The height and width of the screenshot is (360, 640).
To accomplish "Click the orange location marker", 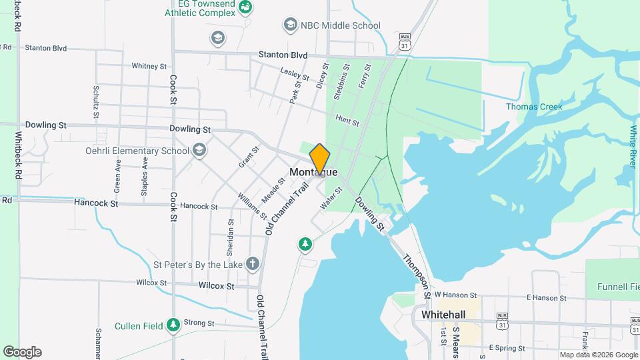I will pyautogui.click(x=320, y=159).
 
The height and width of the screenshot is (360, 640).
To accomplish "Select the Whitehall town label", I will pyautogui.click(x=443, y=314).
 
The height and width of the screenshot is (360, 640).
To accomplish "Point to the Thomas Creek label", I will pyautogui.click(x=534, y=107).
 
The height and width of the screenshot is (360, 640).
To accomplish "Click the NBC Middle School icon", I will pyautogui.click(x=290, y=25).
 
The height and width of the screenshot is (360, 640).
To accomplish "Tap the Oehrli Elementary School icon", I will pyautogui.click(x=199, y=151).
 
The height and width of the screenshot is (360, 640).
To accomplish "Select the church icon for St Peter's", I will pyautogui.click(x=252, y=264).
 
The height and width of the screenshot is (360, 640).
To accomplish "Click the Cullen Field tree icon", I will pyautogui.click(x=173, y=325).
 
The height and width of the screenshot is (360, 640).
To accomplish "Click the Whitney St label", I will pyautogui.click(x=149, y=66).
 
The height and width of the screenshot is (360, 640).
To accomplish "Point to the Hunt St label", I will pyautogui.click(x=347, y=121).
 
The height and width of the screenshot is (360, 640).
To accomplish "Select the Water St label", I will pyautogui.click(x=331, y=199).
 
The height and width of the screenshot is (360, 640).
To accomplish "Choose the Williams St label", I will pyautogui.click(x=253, y=207).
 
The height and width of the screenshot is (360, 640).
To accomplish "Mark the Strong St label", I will pyautogui.click(x=199, y=323).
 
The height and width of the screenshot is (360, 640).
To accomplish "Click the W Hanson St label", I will pyautogui.click(x=456, y=295).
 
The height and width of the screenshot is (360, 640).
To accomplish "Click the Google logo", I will pyautogui.click(x=22, y=352).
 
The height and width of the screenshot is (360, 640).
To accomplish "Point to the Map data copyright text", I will pyautogui.click(x=597, y=355).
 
